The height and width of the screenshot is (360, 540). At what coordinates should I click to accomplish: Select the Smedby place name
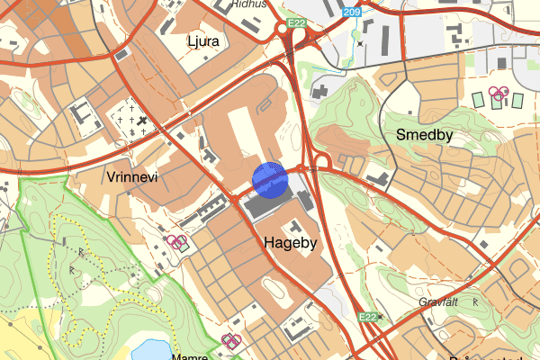[423, 135]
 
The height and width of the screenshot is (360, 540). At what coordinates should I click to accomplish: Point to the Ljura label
[203, 41]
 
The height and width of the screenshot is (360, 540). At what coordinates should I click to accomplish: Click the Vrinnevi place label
[131, 177]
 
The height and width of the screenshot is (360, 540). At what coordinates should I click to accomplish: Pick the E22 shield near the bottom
[366, 317]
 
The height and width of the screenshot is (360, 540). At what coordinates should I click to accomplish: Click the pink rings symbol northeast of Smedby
[499, 93]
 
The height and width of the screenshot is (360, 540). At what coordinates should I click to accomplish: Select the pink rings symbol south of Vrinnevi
[177, 241]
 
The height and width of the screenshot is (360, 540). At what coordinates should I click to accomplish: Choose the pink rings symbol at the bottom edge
[231, 340]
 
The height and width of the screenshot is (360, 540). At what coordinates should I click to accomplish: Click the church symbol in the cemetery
[142, 121]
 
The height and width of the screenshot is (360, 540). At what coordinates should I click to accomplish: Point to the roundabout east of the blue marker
[324, 162]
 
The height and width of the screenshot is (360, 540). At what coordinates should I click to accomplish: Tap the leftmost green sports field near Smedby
[477, 99]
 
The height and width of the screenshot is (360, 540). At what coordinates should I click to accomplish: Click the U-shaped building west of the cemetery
[81, 115]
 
